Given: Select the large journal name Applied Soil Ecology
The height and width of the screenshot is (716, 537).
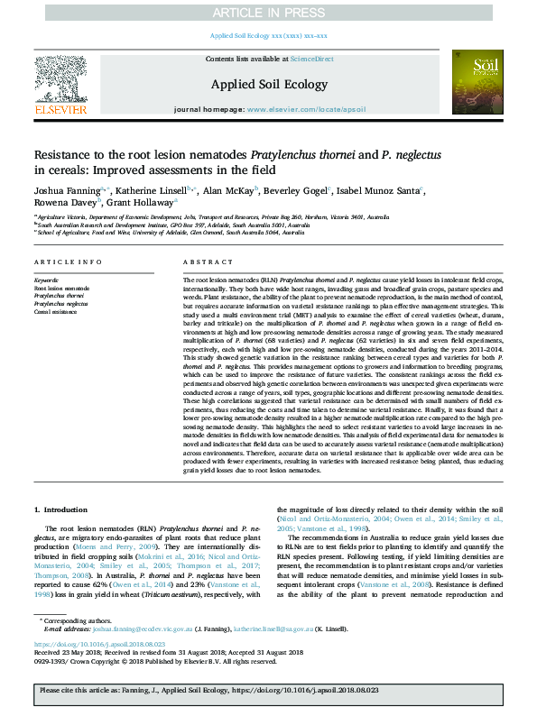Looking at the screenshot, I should tap(268, 84).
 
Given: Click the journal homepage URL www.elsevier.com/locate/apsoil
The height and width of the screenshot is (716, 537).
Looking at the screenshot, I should tap(306, 109).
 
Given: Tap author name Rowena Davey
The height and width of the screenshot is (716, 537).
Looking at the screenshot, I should tap(60, 205).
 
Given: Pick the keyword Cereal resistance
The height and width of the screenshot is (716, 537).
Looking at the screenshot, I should tap(55, 311).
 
